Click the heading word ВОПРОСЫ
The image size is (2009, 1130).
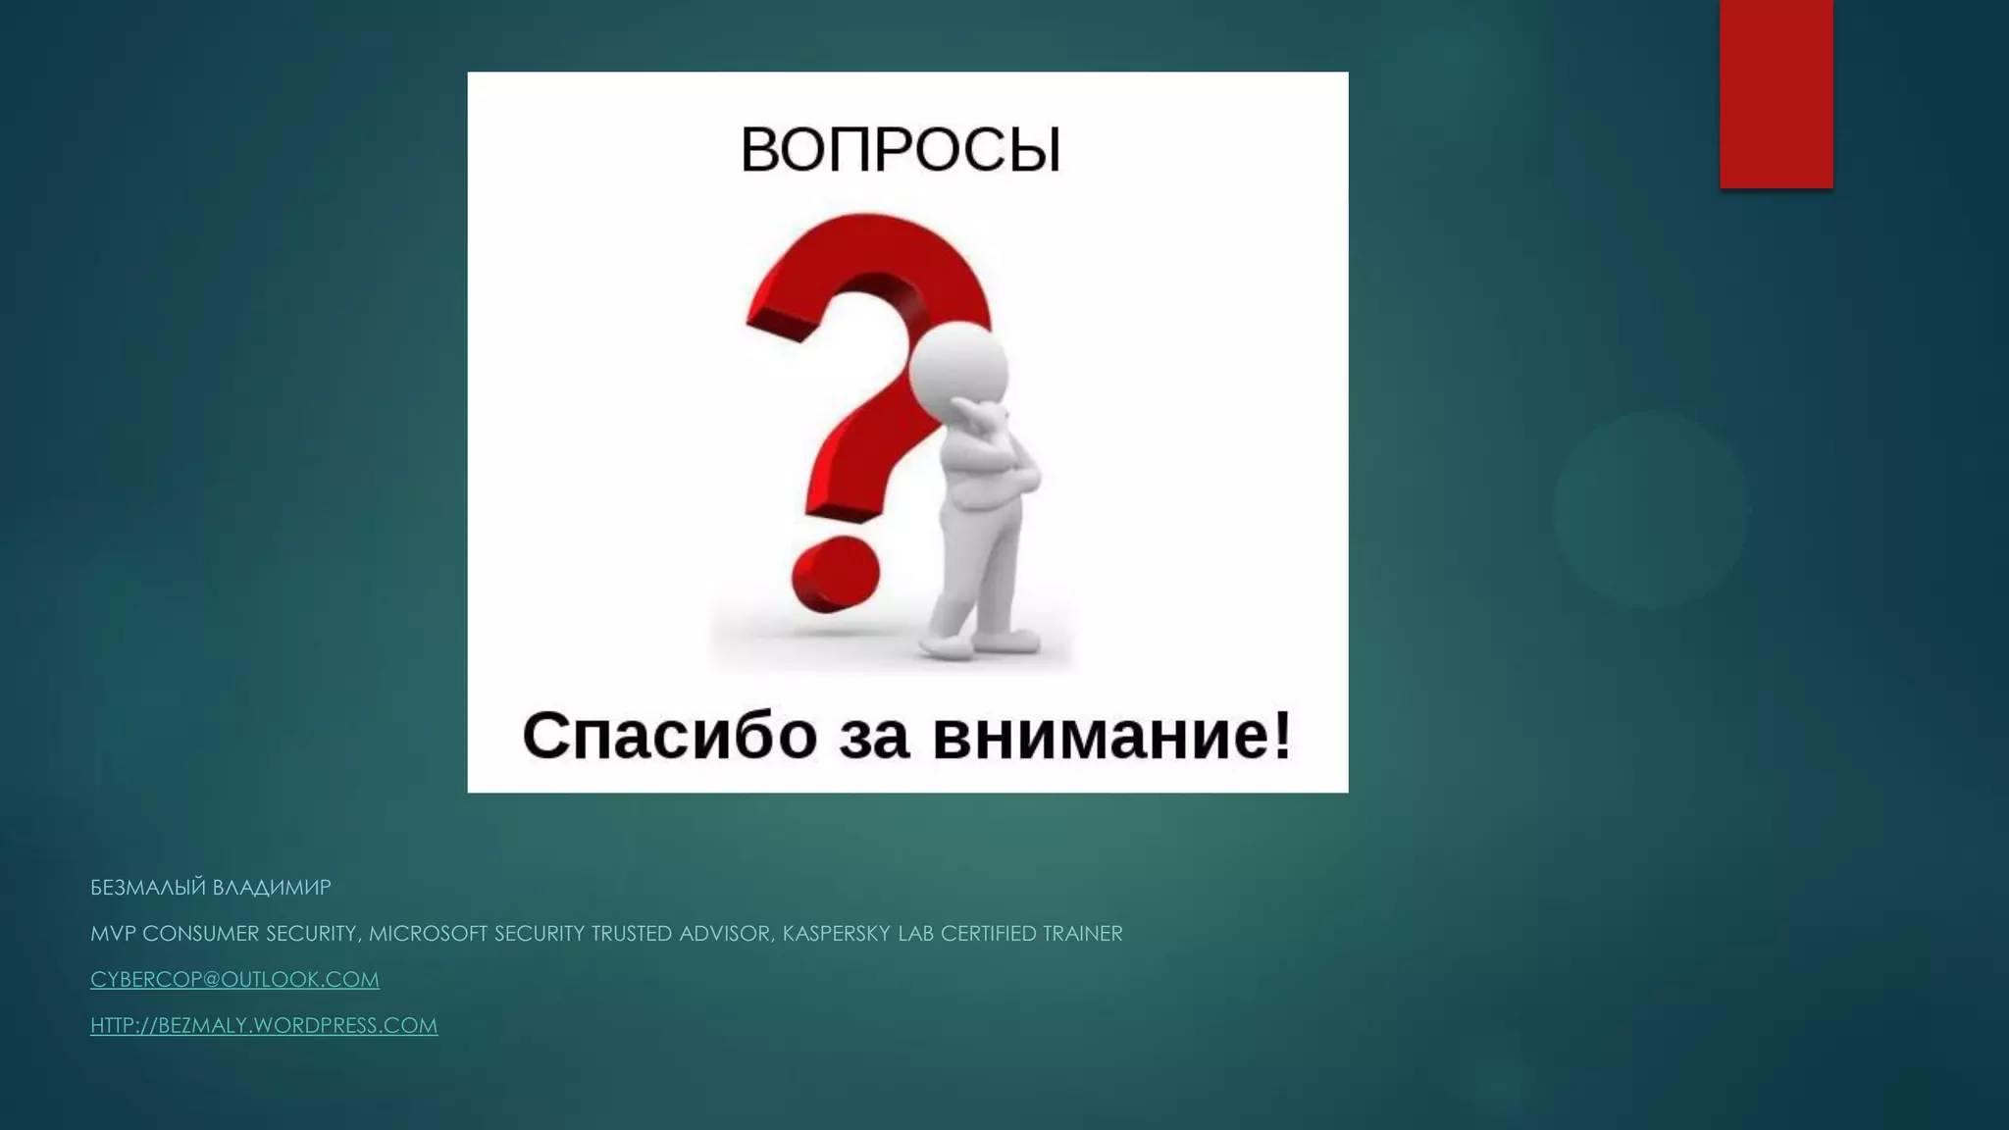tap(901, 150)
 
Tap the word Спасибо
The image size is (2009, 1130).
tap(669, 736)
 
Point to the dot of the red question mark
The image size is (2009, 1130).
tap(835, 575)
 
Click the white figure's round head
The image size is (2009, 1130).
tap(958, 369)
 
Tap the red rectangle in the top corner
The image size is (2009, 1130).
tap(1776, 93)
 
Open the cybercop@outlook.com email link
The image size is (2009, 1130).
tap(234, 979)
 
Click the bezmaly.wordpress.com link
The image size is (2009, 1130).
tap(264, 1025)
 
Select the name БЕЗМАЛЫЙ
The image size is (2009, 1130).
tap(148, 887)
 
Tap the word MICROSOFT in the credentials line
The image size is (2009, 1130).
tap(428, 934)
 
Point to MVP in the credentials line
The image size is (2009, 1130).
tap(113, 934)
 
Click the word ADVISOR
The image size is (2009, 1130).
tap(724, 934)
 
